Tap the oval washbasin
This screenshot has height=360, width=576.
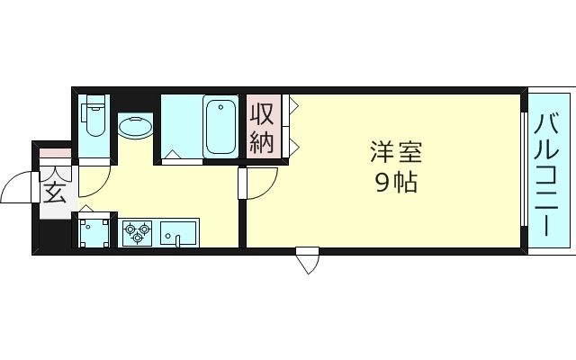pos(135,125)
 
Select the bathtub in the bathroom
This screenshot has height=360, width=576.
pos(220,126)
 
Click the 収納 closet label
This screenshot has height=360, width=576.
pos(262,128)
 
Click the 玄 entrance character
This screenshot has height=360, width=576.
pos(54,192)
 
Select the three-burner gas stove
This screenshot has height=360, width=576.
pos(138,232)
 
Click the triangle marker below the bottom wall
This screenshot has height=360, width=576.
pos(308,262)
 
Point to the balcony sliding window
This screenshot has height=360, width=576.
pos(524,170)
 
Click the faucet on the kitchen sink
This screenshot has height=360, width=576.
pos(179,238)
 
